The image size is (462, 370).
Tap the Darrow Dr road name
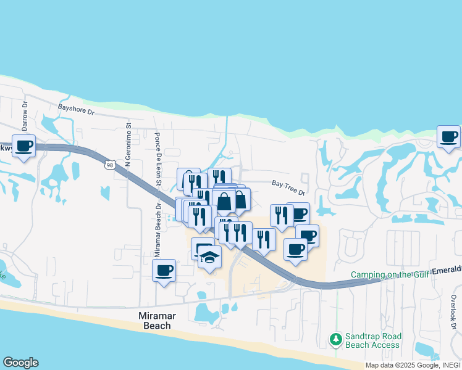point(25,115)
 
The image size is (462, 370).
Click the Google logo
point(20,363)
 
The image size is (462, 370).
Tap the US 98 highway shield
point(109,165)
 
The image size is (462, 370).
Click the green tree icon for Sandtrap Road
point(335,339)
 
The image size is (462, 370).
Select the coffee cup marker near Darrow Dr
point(23,146)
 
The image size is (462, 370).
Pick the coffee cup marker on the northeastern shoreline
point(449,136)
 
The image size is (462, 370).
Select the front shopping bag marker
point(224,201)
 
